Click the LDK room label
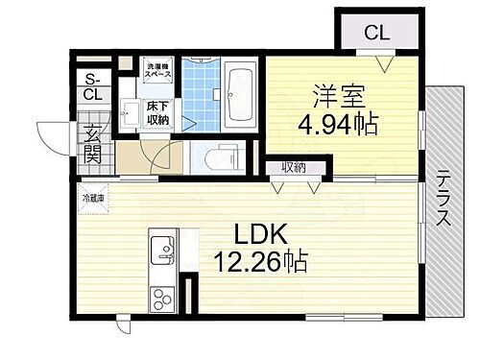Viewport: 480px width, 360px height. tap(252, 235)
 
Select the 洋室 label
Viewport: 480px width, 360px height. tap(336, 97)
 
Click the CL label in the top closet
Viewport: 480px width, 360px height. tap(376, 33)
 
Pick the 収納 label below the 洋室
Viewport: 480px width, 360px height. tap(295, 167)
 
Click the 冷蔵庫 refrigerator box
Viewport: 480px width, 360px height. tap(91, 200)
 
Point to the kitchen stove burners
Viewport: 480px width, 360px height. tap(159, 298)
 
